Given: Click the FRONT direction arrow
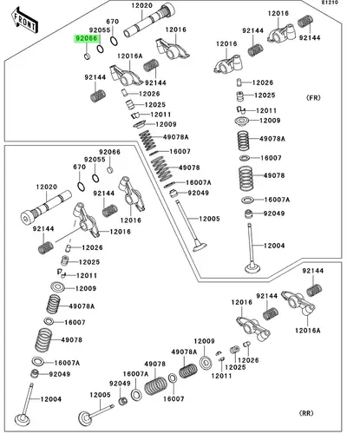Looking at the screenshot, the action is point(25,20).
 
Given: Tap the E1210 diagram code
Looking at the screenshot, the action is point(331,3).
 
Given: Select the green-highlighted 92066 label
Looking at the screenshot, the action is point(87,38).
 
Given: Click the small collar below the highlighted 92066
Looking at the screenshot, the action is point(88,56).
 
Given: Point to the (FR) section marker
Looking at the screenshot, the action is point(313,98).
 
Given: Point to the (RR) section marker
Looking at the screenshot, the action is point(306,413).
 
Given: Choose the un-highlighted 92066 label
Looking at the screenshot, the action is point(109,152).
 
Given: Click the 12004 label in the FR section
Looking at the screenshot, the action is point(274,246).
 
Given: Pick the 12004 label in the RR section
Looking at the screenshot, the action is point(51,399).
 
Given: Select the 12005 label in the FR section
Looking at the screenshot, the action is point(209,219).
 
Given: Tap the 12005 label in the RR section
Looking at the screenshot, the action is point(100,395).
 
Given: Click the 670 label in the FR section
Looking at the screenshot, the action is point(113,22).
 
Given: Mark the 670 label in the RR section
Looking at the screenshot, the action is point(79,167).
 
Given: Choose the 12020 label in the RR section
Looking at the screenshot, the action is point(47,187).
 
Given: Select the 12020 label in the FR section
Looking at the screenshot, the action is point(141,5).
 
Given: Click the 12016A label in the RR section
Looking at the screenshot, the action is point(308,331).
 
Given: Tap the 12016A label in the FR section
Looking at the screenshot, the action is point(130,56).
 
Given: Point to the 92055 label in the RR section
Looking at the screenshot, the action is point(95,160).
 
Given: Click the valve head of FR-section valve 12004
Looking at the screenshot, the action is point(252,267).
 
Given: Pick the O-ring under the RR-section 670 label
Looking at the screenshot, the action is point(82,187).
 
